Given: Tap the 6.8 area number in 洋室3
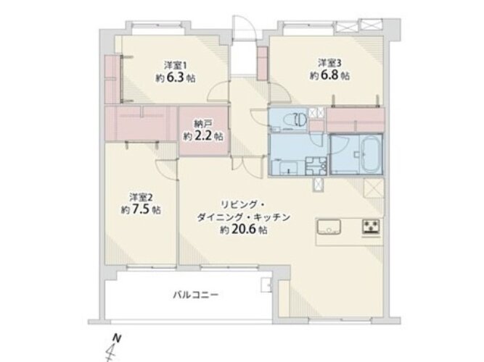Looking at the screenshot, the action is pos(329,75).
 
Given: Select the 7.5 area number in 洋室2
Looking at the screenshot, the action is pos(141,210).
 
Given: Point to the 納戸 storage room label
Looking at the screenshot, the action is pos(203,124).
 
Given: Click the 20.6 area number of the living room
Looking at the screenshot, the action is pos(243,230).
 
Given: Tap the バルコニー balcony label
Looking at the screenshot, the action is pos(196,295).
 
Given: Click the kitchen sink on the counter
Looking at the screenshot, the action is pos(329,227).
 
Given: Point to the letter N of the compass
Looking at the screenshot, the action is pos(116,338).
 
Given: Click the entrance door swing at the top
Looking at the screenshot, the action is pos(243,28).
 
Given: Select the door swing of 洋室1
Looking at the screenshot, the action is pos(218,92).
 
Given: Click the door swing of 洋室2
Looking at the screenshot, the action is pos(167,168).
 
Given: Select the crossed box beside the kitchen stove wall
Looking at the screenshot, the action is pos(373,188).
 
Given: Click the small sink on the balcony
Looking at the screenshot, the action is pos(266,285).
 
